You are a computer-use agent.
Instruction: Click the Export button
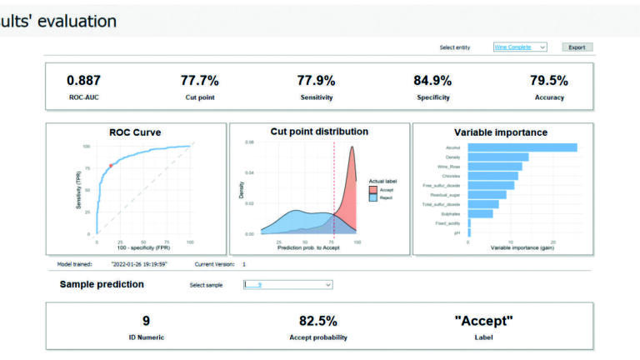(577, 47)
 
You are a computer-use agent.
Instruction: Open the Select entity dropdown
(519, 47)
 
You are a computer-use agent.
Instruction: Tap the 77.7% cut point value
(199, 81)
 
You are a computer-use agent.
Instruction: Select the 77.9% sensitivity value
(316, 81)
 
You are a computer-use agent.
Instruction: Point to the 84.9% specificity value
(432, 81)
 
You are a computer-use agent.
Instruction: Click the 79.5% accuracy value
(548, 81)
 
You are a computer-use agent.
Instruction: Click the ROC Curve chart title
(135, 132)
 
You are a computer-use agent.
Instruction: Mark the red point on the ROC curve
(110, 165)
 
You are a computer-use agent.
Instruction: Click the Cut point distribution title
(319, 132)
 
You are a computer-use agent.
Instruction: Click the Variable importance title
(500, 132)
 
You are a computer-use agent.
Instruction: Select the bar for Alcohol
(522, 147)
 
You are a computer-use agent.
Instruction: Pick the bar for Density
(498, 157)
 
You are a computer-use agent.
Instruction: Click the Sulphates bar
(480, 213)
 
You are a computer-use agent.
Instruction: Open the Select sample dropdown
(287, 285)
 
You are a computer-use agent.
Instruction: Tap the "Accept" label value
(483, 321)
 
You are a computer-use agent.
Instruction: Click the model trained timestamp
(138, 264)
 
